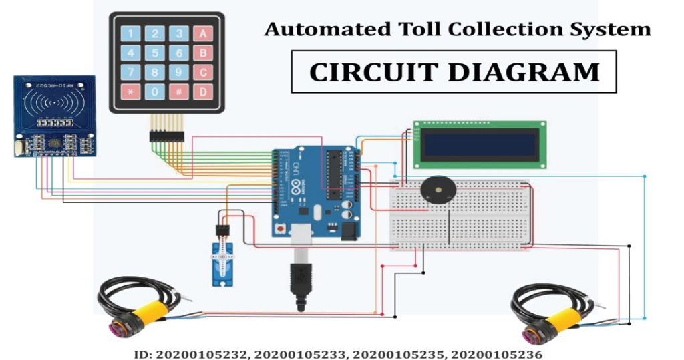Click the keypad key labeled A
202,33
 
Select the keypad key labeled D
202,92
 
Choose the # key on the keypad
179,92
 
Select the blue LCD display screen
480,144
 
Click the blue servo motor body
221,264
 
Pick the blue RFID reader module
54,116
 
